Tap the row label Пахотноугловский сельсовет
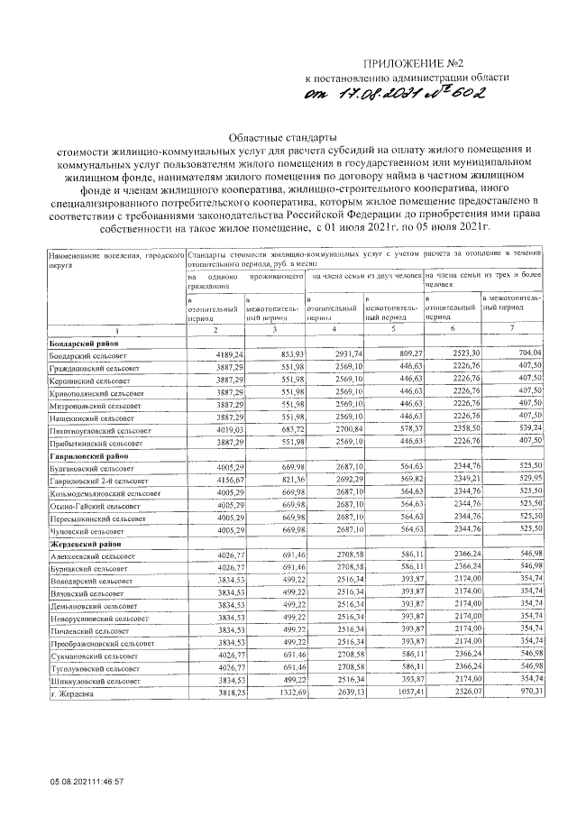pos(101,432)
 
